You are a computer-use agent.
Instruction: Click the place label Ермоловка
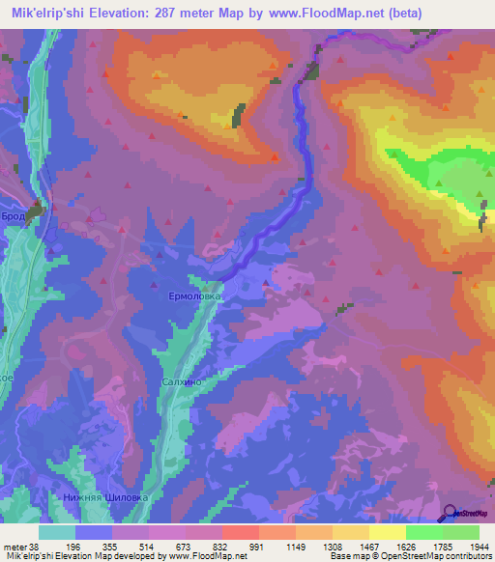click(x=196, y=297)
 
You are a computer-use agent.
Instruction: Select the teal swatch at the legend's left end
click(x=57, y=532)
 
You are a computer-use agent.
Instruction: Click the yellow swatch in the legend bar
click(x=387, y=532)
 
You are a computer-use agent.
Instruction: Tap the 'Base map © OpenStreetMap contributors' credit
click(x=410, y=555)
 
